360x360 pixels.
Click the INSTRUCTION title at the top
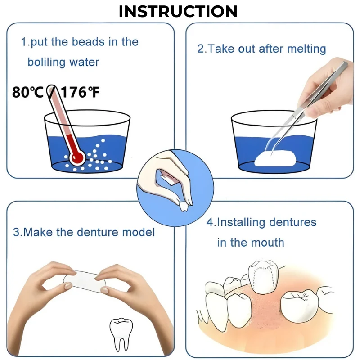178,11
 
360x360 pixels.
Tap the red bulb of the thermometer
77,157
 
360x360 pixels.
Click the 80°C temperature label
27,92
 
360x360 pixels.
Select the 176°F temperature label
80,92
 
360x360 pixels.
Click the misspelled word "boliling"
47,62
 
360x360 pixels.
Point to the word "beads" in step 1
88,42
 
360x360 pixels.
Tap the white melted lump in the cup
275,159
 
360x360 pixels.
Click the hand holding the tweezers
328,87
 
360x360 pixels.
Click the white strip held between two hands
85,282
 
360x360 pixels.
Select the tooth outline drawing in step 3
121,334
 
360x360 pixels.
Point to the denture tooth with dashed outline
263,277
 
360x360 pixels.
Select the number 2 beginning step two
201,49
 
